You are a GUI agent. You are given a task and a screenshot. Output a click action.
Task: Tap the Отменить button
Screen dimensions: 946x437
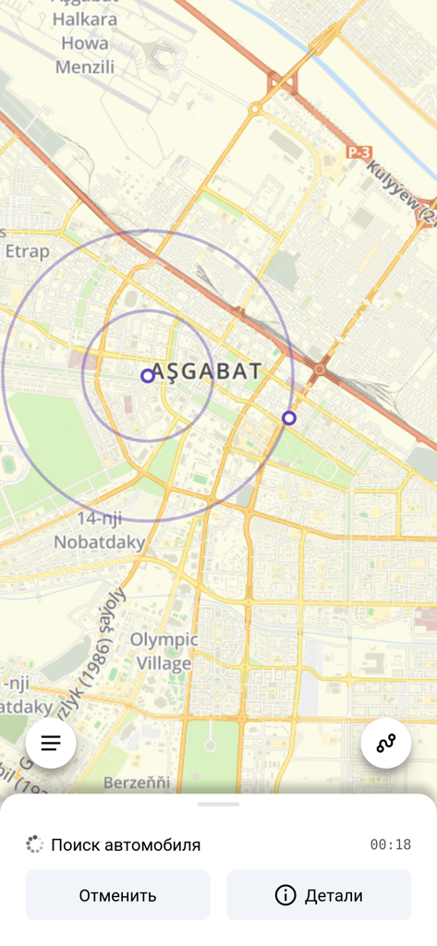(x=117, y=895)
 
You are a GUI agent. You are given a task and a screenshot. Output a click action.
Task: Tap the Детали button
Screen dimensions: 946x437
(x=319, y=895)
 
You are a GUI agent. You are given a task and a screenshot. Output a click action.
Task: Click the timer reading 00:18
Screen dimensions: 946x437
(x=390, y=844)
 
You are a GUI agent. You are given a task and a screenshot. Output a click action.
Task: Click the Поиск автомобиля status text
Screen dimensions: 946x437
(x=126, y=844)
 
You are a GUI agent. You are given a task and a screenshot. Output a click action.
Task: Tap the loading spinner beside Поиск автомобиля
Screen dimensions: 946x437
(x=34, y=844)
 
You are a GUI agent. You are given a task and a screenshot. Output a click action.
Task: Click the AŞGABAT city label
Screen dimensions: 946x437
(x=206, y=371)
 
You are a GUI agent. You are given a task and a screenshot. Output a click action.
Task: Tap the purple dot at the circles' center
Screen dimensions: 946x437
(x=148, y=376)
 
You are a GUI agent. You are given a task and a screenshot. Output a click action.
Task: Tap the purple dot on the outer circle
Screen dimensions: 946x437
(x=289, y=418)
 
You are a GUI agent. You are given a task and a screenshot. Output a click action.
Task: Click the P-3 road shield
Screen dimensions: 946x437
(x=358, y=152)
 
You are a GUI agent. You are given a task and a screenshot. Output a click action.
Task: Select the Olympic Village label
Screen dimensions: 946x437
(x=164, y=651)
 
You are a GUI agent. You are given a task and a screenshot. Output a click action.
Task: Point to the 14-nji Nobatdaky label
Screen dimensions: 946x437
(x=100, y=530)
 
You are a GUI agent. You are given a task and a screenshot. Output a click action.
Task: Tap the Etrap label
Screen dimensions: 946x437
(x=28, y=250)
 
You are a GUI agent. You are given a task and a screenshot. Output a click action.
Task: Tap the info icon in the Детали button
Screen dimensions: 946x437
(x=285, y=895)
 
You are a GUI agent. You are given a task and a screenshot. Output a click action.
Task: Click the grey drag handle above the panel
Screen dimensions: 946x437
(x=218, y=805)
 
